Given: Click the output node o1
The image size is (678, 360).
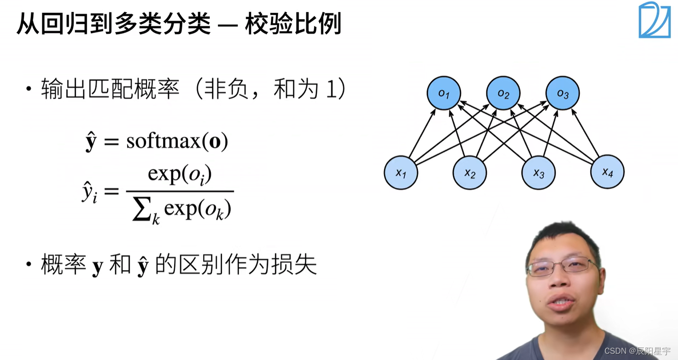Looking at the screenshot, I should click(444, 93).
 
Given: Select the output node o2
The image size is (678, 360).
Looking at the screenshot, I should click(503, 93).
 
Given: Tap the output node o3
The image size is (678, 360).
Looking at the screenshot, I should click(562, 93).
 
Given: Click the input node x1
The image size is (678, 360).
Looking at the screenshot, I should click(401, 172).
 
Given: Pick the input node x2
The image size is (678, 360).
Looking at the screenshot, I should click(470, 172).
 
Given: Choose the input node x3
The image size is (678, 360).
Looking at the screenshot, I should click(539, 172).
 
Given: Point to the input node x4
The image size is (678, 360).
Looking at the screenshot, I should click(607, 172).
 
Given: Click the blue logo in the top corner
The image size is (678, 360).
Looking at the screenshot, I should click(654, 20).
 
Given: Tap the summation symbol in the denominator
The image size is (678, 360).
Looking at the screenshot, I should click(142, 210).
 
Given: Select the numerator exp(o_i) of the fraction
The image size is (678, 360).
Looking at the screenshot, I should click(180, 175).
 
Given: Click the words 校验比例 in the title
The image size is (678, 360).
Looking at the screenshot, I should click(293, 24).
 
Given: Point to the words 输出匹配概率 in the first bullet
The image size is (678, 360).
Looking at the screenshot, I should click(110, 90).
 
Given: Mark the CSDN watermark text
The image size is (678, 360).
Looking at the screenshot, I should click(637, 351).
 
